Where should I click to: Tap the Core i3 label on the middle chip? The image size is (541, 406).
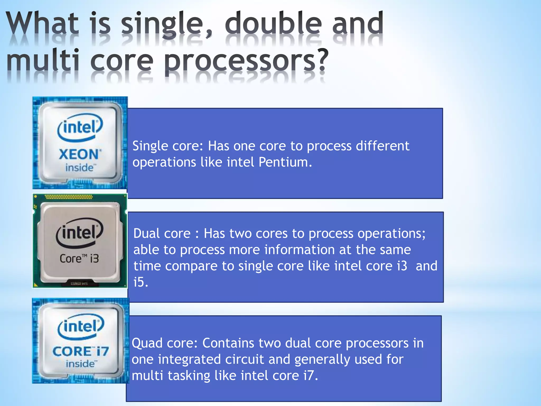(79, 259)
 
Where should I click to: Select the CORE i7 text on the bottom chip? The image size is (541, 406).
(81, 352)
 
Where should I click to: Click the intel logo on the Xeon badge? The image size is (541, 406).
(80, 127)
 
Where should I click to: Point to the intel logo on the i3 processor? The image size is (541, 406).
(80, 233)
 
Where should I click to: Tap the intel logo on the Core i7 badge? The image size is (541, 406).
(81, 326)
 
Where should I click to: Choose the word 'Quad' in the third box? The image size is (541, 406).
(147, 343)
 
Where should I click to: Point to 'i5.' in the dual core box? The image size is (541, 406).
(141, 282)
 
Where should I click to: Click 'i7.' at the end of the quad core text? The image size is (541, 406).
(311, 375)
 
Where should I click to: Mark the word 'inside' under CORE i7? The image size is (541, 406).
(80, 364)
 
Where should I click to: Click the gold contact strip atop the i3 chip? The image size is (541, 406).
(69, 197)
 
